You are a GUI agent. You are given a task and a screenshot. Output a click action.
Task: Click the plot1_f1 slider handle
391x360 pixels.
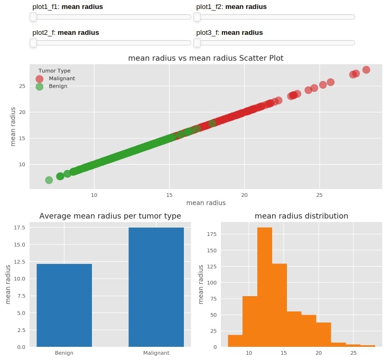pos(33,17)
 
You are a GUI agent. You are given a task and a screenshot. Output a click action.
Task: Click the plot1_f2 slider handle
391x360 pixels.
pos(197,17)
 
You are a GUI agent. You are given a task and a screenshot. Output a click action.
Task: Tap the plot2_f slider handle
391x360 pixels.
pos(33,43)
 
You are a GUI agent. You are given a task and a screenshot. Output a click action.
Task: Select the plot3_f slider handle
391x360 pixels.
pos(197,43)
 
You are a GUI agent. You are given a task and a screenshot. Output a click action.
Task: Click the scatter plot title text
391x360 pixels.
pos(206,58)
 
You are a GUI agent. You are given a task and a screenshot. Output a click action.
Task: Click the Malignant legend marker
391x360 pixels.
pos(40,79)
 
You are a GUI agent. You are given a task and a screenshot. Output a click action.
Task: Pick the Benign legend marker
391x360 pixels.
pos(40,87)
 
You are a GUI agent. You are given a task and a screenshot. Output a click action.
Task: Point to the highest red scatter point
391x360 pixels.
pos(366,70)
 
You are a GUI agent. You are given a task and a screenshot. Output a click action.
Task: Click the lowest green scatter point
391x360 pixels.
pos(49,180)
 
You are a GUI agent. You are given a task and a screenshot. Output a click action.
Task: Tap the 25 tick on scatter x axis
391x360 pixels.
pos(320,195)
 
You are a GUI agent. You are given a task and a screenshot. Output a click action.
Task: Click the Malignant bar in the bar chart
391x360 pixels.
pos(156,287)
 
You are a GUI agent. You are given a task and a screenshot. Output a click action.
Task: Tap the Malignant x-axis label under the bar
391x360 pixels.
pos(156,353)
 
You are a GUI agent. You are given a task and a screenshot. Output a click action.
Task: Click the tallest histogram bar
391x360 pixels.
pos(264,287)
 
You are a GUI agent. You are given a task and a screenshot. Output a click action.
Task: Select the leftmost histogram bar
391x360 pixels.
pos(235,341)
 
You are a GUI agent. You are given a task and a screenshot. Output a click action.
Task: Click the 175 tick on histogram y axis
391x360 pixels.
pos(211,233)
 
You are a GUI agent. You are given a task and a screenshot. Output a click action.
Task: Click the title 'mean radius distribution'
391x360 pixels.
pos(301,216)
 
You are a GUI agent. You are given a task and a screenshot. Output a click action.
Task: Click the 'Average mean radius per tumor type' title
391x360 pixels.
pos(110,216)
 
